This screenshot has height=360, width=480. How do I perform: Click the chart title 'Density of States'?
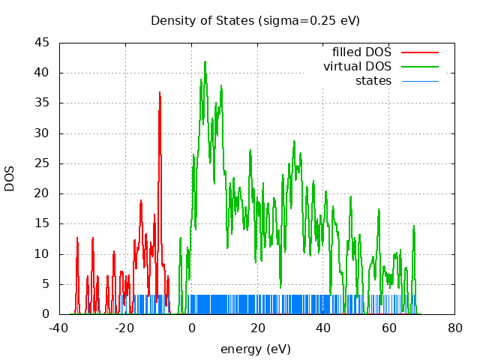[x=202, y=20]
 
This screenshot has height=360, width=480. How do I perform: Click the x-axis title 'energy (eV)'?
[x=255, y=349]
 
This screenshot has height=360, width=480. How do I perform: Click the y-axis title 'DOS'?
[x=10, y=178]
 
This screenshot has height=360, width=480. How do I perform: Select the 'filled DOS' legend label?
[x=361, y=52]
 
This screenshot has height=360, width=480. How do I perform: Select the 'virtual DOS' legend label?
[x=357, y=67]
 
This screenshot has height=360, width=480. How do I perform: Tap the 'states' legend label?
[x=373, y=81]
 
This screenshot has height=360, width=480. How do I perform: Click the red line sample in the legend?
[x=419, y=52]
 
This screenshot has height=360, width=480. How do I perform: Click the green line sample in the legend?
[x=419, y=67]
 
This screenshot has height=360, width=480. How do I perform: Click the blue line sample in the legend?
[x=419, y=81]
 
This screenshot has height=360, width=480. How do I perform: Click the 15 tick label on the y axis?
[x=43, y=223]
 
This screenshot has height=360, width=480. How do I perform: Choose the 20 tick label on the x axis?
[x=257, y=328]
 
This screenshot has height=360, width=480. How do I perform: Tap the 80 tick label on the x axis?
[x=454, y=328]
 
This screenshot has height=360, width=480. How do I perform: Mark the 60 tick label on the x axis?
[x=388, y=328]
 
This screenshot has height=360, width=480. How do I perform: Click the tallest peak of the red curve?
[x=160, y=92]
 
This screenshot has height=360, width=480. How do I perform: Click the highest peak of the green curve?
[x=205, y=61]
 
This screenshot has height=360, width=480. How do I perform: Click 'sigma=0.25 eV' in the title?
[x=309, y=20]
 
